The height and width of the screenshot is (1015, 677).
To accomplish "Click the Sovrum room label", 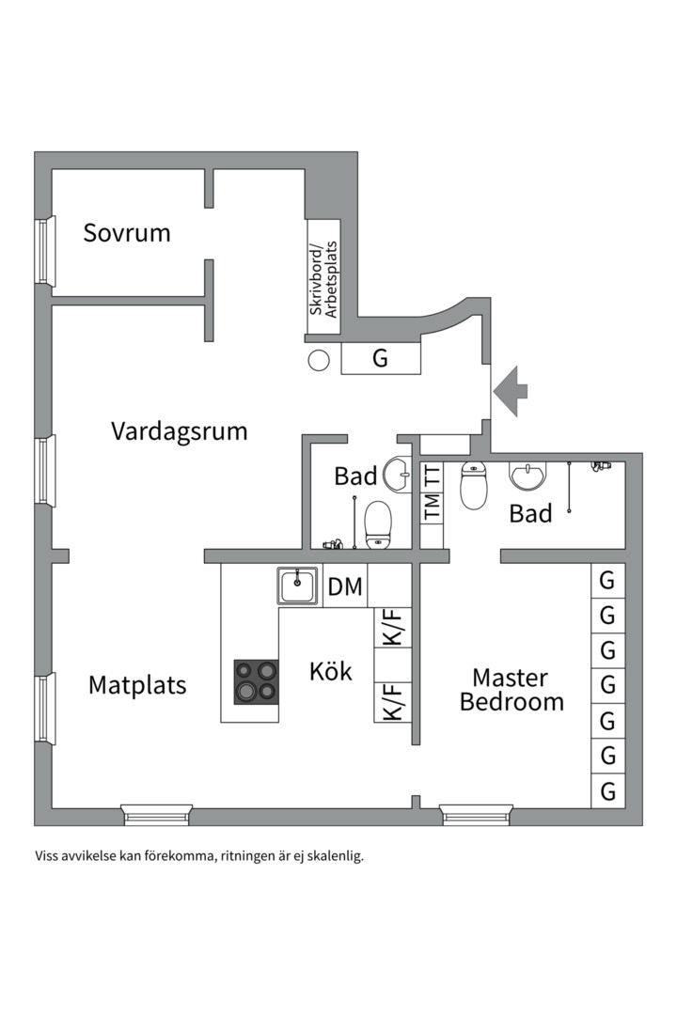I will [127, 232].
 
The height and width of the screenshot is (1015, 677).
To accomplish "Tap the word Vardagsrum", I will [179, 431].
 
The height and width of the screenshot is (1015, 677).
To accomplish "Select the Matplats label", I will [137, 685].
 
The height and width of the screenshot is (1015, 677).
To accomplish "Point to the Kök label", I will [331, 672].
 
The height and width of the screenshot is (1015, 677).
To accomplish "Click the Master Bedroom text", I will [511, 690].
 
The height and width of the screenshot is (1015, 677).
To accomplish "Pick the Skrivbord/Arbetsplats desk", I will [323, 280].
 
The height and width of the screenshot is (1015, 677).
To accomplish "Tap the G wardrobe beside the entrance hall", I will [380, 358].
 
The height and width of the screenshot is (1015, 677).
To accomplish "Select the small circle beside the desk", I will [319, 360].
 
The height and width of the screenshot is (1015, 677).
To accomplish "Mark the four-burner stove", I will [257, 681].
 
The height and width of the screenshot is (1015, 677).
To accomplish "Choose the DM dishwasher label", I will [345, 587].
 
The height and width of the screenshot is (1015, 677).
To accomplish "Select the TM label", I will [432, 507].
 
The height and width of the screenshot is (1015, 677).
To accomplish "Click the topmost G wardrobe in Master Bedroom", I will [607, 581].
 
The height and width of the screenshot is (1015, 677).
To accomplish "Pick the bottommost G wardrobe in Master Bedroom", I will [607, 791].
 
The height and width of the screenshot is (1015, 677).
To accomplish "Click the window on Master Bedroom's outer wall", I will [477, 814].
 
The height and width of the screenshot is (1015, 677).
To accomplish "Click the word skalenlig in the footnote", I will [334, 856].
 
